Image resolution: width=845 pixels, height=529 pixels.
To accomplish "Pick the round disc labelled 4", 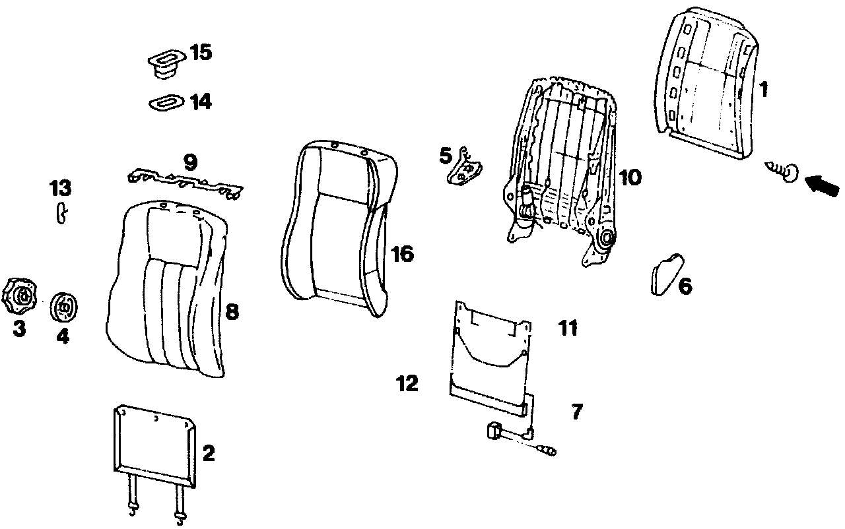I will pyautogui.click(x=64, y=306).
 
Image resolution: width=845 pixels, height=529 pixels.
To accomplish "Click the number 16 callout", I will pyautogui.click(x=402, y=254).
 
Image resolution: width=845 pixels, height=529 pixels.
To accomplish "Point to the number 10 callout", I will pyautogui.click(x=630, y=177).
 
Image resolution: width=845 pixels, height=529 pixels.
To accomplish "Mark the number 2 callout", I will pyautogui.click(x=209, y=453).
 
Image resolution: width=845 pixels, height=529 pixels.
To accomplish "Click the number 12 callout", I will pyautogui.click(x=407, y=383).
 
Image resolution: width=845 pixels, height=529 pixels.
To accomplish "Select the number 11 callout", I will pyautogui.click(x=568, y=328).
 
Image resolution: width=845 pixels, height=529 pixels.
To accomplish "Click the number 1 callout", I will pyautogui.click(x=763, y=89).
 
